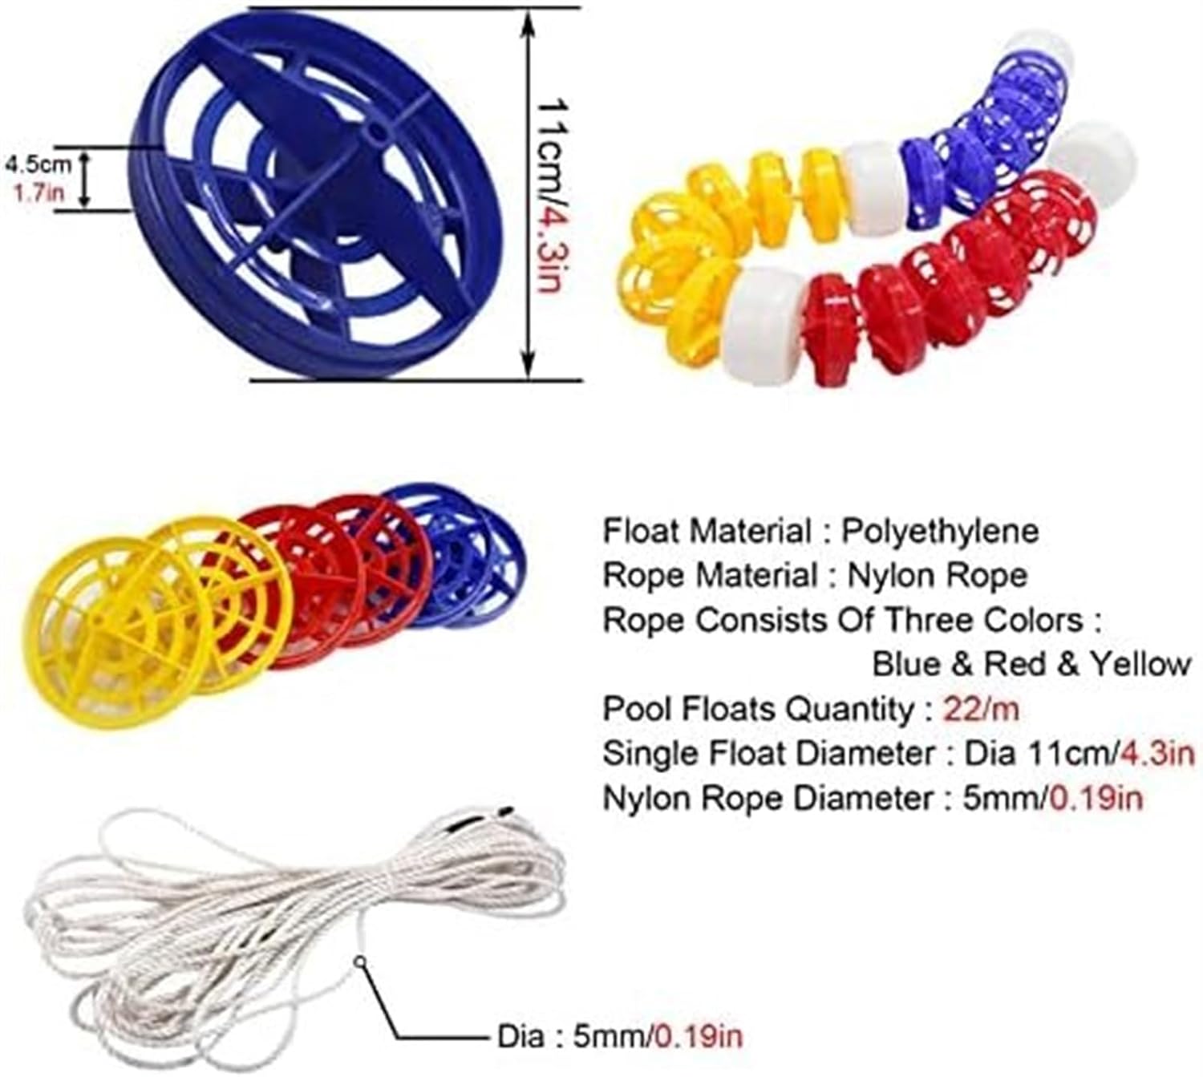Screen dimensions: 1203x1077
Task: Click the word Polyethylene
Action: coord(939,531)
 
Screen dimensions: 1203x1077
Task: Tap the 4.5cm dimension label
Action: coord(38,164)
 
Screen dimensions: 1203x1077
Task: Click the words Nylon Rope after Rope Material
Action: coord(937,575)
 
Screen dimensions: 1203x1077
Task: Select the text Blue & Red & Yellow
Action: coord(1031,664)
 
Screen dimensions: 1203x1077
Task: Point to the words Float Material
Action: coord(707,531)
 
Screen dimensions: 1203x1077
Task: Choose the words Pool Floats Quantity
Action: coord(757,709)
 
